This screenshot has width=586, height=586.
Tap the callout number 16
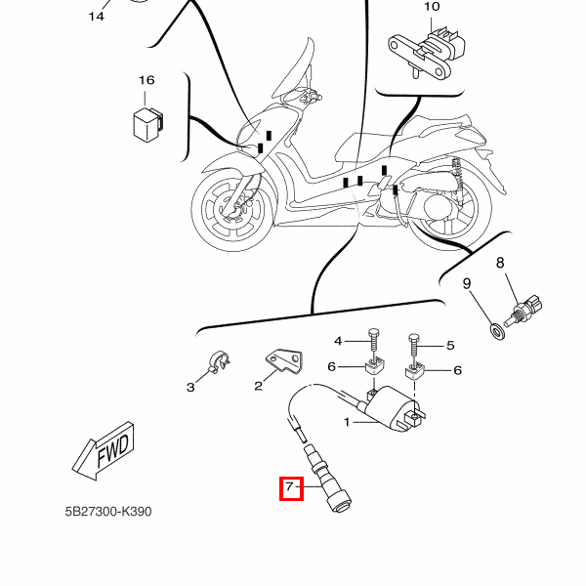click(146, 80)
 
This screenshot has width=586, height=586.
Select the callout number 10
click(432, 8)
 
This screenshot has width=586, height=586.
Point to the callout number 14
click(97, 17)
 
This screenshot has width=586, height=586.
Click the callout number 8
click(500, 263)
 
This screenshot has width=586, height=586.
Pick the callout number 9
click(467, 284)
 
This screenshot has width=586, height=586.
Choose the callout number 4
click(339, 341)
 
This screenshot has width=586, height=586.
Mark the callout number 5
click(451, 345)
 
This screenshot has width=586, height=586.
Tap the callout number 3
click(191, 388)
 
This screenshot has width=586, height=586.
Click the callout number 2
click(259, 386)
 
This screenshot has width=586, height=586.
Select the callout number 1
click(346, 422)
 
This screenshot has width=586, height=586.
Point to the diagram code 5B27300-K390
click(108, 511)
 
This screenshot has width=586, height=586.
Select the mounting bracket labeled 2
click(284, 362)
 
